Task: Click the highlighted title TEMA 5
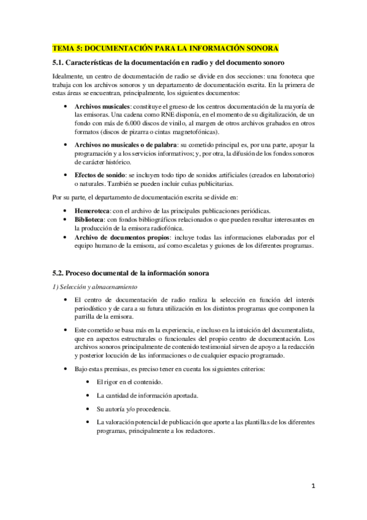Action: pyautogui.click(x=165, y=48)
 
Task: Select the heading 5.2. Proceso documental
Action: pyautogui.click(x=131, y=272)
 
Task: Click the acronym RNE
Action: pyautogui.click(x=154, y=115)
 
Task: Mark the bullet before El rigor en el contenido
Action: pyautogui.click(x=89, y=382)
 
